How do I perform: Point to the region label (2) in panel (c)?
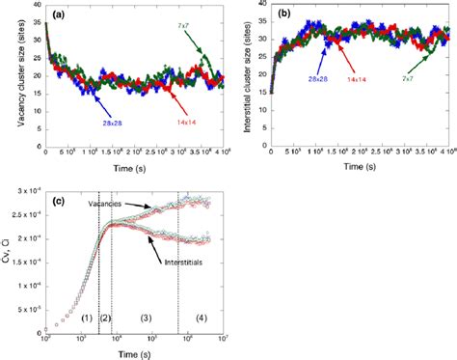[106, 318]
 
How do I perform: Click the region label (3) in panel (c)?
[147, 318]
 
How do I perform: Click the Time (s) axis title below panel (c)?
[134, 353]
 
